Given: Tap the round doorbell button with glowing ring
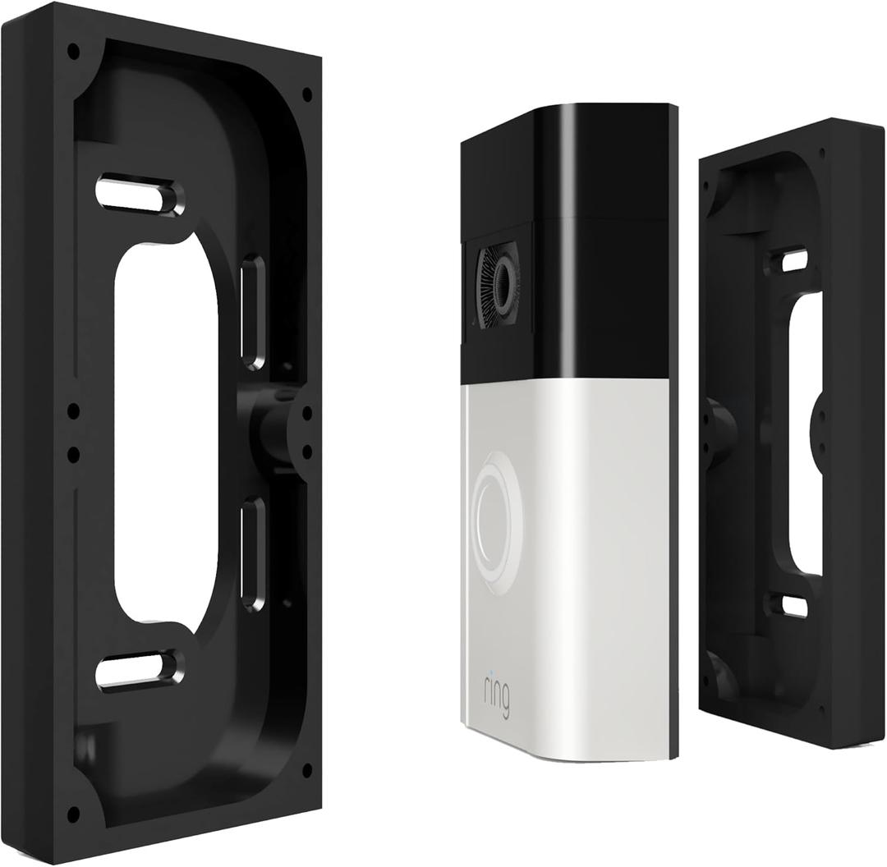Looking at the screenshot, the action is tap(496, 511).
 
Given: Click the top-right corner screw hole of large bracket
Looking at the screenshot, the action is tap(307, 94).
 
